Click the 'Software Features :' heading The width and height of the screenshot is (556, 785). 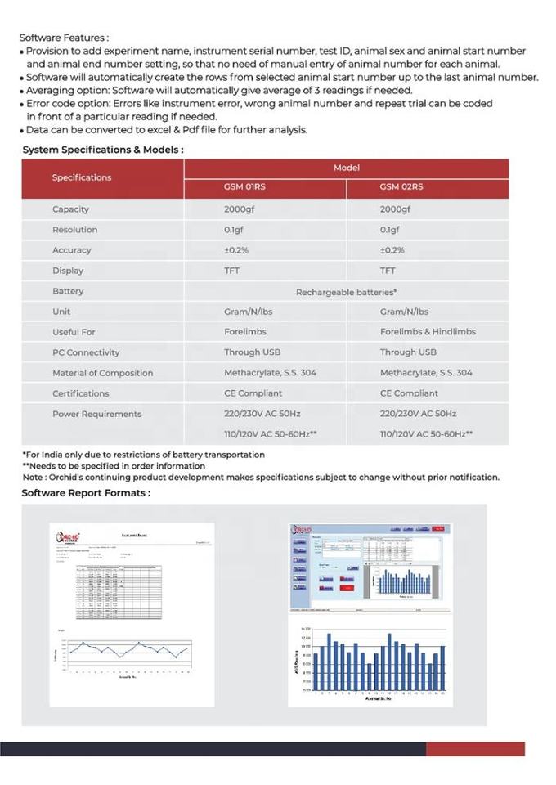click(64, 38)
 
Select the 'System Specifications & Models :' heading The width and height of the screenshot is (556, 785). click(102, 150)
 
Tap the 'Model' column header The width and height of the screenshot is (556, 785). click(346, 168)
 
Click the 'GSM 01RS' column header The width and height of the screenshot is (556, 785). click(244, 187)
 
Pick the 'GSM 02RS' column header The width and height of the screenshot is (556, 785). click(401, 187)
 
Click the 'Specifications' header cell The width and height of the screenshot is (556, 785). click(82, 177)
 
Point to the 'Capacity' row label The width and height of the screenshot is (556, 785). click(71, 209)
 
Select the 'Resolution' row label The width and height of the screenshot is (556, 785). click(74, 230)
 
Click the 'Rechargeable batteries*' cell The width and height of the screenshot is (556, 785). click(346, 291)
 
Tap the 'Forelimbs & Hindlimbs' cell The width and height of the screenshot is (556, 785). click(428, 332)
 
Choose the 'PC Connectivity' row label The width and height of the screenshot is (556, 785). click(86, 352)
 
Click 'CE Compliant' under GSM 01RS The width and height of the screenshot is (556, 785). click(253, 393)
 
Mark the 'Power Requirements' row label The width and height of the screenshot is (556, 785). click(96, 414)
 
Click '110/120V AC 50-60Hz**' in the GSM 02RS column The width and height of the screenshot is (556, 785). click(426, 434)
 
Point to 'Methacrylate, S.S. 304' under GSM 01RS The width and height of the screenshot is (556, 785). click(270, 373)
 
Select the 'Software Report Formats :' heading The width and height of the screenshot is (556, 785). click(86, 492)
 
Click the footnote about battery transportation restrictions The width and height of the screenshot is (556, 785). click(143, 455)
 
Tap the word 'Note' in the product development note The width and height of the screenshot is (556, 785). click(33, 478)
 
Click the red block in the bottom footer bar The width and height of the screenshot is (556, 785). click(474, 748)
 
